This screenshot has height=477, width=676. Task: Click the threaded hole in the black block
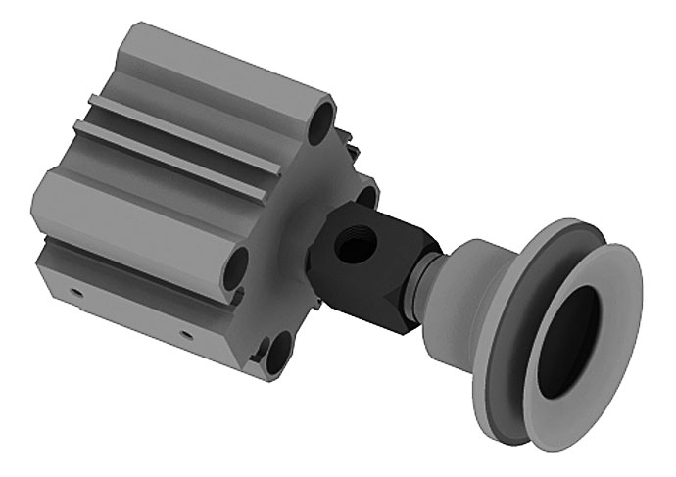point(349,246)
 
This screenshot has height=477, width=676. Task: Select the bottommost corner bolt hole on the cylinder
point(277,353)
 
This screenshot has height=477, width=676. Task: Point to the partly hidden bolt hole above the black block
point(366,197)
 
